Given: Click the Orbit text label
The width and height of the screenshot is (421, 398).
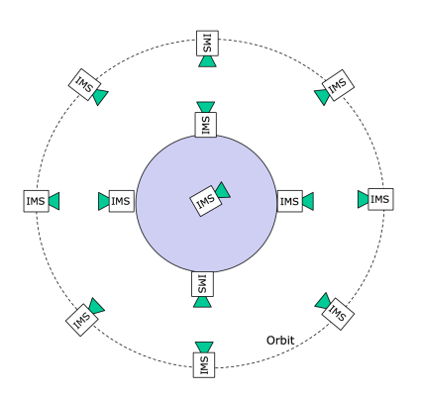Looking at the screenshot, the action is point(280,341).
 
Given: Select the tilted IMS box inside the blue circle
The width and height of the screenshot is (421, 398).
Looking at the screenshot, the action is point(205,201).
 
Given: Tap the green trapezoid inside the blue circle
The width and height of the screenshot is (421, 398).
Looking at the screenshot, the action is point(223,190).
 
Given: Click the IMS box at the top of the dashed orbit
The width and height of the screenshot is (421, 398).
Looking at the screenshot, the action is point(207,44).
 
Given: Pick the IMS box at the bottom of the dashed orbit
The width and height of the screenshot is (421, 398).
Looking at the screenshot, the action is point(204,365).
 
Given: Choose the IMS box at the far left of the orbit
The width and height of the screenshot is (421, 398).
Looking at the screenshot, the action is point(37,201).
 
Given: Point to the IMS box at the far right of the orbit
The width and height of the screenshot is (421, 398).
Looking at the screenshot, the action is point(380,199).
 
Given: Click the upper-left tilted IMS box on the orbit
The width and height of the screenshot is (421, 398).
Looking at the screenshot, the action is point(84,85).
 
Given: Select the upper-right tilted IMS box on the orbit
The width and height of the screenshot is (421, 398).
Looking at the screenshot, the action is point(338,85).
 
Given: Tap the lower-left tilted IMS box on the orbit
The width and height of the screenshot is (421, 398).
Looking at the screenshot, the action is point(81,320).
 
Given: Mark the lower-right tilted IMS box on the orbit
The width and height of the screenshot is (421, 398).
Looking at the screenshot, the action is point(338,314).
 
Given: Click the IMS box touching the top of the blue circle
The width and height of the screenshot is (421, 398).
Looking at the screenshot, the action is point(206,125).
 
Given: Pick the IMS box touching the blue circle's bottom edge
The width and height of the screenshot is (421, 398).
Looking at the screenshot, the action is point(202,284).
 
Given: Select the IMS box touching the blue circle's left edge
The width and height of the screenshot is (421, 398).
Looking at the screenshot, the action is point(122,201).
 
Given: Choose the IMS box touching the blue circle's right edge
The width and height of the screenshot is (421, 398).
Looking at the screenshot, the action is point(289,201).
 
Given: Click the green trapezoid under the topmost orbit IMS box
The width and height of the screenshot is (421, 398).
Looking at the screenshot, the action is point(207,61).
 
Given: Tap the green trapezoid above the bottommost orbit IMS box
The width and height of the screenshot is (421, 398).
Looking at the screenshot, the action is point(204,348).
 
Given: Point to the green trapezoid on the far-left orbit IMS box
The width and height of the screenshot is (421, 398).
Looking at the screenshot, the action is point(54,201).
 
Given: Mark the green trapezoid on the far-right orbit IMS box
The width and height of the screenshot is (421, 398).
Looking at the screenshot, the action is point(363,199).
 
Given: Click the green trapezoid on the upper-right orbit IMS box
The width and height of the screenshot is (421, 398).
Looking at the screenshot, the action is point(323,97).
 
